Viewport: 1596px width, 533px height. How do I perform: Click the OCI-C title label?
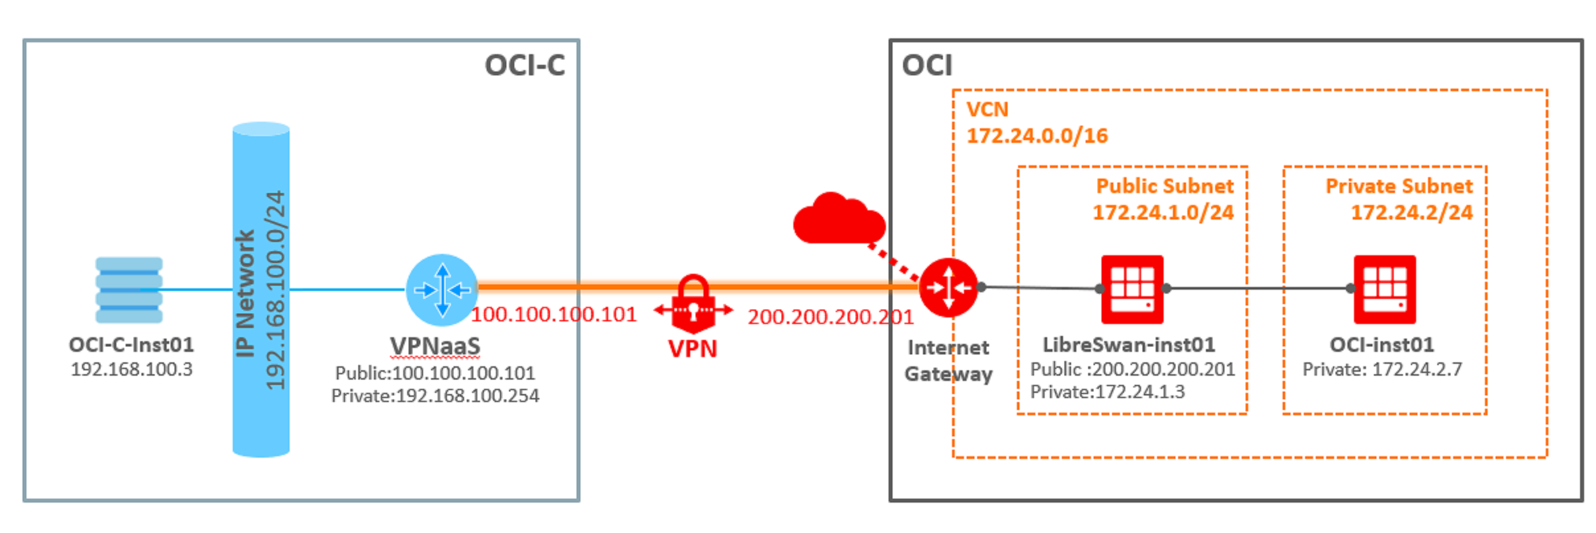[x=525, y=65]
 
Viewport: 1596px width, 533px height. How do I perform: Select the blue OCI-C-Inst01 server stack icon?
[x=129, y=290]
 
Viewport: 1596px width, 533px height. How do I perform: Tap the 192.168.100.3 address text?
[x=132, y=369]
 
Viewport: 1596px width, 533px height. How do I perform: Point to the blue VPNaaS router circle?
[x=442, y=290]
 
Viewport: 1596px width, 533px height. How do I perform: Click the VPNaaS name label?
[x=435, y=346]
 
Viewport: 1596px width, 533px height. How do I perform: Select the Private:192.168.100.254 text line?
[x=435, y=395]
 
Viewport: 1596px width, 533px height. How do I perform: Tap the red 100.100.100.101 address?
[x=554, y=314]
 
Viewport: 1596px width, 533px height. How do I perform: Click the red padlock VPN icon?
[x=693, y=304]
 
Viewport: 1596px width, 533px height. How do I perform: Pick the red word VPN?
[x=693, y=348]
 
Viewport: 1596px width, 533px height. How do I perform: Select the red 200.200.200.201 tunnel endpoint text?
[x=830, y=317]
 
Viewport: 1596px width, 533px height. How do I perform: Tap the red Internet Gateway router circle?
[x=948, y=288]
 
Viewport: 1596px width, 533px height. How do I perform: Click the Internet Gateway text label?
[x=948, y=360]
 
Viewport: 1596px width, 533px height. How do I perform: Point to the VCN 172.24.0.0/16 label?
[x=1036, y=122]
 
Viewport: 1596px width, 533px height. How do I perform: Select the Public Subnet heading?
[x=1164, y=186]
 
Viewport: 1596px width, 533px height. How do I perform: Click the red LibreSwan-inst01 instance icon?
[x=1132, y=289]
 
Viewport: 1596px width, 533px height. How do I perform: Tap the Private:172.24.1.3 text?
[x=1107, y=392]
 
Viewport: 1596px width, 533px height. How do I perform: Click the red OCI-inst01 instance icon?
[x=1384, y=289]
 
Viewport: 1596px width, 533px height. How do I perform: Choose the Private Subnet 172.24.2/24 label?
[x=1399, y=198]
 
